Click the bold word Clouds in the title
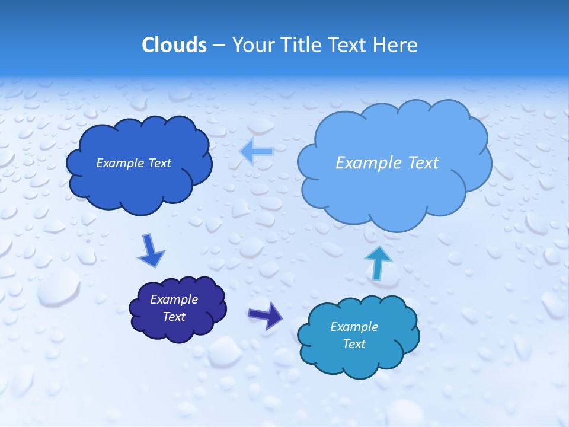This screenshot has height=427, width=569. [174, 45]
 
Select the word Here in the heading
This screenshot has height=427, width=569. [396, 45]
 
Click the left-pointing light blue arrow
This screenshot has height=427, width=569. [256, 152]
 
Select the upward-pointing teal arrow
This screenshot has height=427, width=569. [378, 262]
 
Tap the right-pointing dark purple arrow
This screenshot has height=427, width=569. [266, 315]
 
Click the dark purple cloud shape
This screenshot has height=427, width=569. [178, 308]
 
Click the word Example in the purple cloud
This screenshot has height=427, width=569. [174, 299]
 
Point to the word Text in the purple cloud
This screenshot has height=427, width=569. [174, 317]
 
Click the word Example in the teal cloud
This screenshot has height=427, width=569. [354, 327]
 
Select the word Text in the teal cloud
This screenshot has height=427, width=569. [354, 344]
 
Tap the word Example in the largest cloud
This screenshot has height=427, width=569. [369, 163]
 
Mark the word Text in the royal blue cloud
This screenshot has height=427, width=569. [159, 163]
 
